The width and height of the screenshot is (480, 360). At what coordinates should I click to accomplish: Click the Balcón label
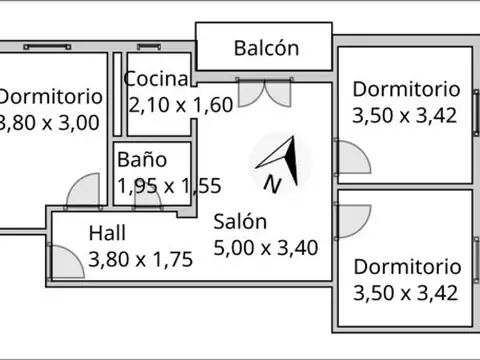[x=266, y=47]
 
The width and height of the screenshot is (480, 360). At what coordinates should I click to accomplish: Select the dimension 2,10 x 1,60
[x=181, y=104]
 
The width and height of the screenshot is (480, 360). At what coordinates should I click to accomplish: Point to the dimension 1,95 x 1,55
[x=168, y=185]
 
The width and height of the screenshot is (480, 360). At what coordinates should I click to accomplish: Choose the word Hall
[x=107, y=233]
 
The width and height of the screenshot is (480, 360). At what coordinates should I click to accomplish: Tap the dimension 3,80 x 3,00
[x=50, y=123]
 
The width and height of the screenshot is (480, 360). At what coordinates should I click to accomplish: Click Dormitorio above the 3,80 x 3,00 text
[x=50, y=97]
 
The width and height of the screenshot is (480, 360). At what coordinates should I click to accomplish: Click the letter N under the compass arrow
[x=271, y=184]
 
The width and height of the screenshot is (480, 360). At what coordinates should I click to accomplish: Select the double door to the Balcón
[x=264, y=90]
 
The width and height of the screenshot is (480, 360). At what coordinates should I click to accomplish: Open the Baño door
[x=148, y=196]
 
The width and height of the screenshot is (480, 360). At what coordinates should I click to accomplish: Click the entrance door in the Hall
[x=65, y=261]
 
